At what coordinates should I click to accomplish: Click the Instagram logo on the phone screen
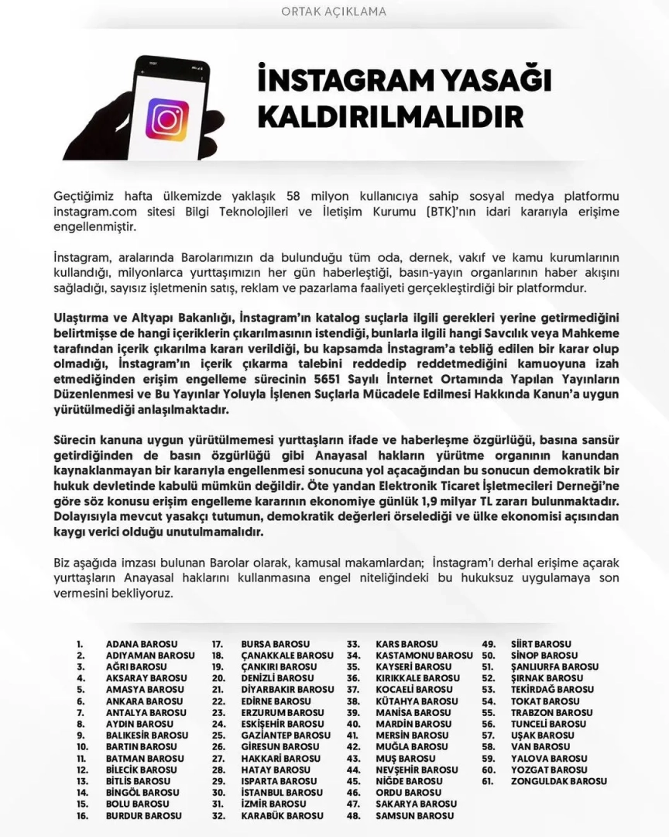167,119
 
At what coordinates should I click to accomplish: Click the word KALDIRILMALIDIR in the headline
389,116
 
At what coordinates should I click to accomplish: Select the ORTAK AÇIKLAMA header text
334,12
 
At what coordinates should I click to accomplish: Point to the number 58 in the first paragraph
293,195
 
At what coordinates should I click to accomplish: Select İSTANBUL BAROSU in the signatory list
282,793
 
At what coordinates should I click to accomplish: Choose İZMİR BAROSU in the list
274,804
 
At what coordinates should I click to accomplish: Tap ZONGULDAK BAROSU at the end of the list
559,781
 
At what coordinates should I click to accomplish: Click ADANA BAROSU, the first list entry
142,644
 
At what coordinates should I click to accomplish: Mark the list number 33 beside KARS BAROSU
353,644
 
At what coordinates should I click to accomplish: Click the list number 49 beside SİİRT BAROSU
489,644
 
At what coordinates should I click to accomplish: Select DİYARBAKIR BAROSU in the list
287,690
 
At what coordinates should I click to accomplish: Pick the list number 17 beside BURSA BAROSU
218,644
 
